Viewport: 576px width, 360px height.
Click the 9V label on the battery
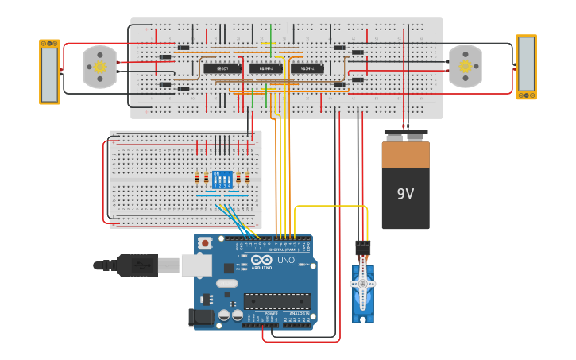point(405,193)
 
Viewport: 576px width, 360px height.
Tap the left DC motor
point(100,67)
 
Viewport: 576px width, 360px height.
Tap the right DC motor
point(465,67)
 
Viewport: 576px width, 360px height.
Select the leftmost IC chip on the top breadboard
point(222,68)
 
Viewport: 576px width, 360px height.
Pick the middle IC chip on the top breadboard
point(265,68)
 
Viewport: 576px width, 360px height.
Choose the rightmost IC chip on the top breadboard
point(307,68)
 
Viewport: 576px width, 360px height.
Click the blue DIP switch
point(222,179)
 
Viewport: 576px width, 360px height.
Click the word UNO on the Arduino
point(285,261)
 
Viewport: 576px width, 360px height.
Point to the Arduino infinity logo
point(261,261)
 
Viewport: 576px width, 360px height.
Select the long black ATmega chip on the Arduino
point(276,301)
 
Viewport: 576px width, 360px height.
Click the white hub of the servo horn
point(362,283)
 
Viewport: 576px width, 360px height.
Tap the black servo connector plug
point(362,248)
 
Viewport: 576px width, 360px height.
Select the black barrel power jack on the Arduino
point(202,318)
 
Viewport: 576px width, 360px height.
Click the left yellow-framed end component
point(49,72)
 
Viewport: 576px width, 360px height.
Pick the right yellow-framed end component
point(526,67)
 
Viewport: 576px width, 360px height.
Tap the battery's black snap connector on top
point(405,136)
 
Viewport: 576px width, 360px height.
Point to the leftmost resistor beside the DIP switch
point(197,178)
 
